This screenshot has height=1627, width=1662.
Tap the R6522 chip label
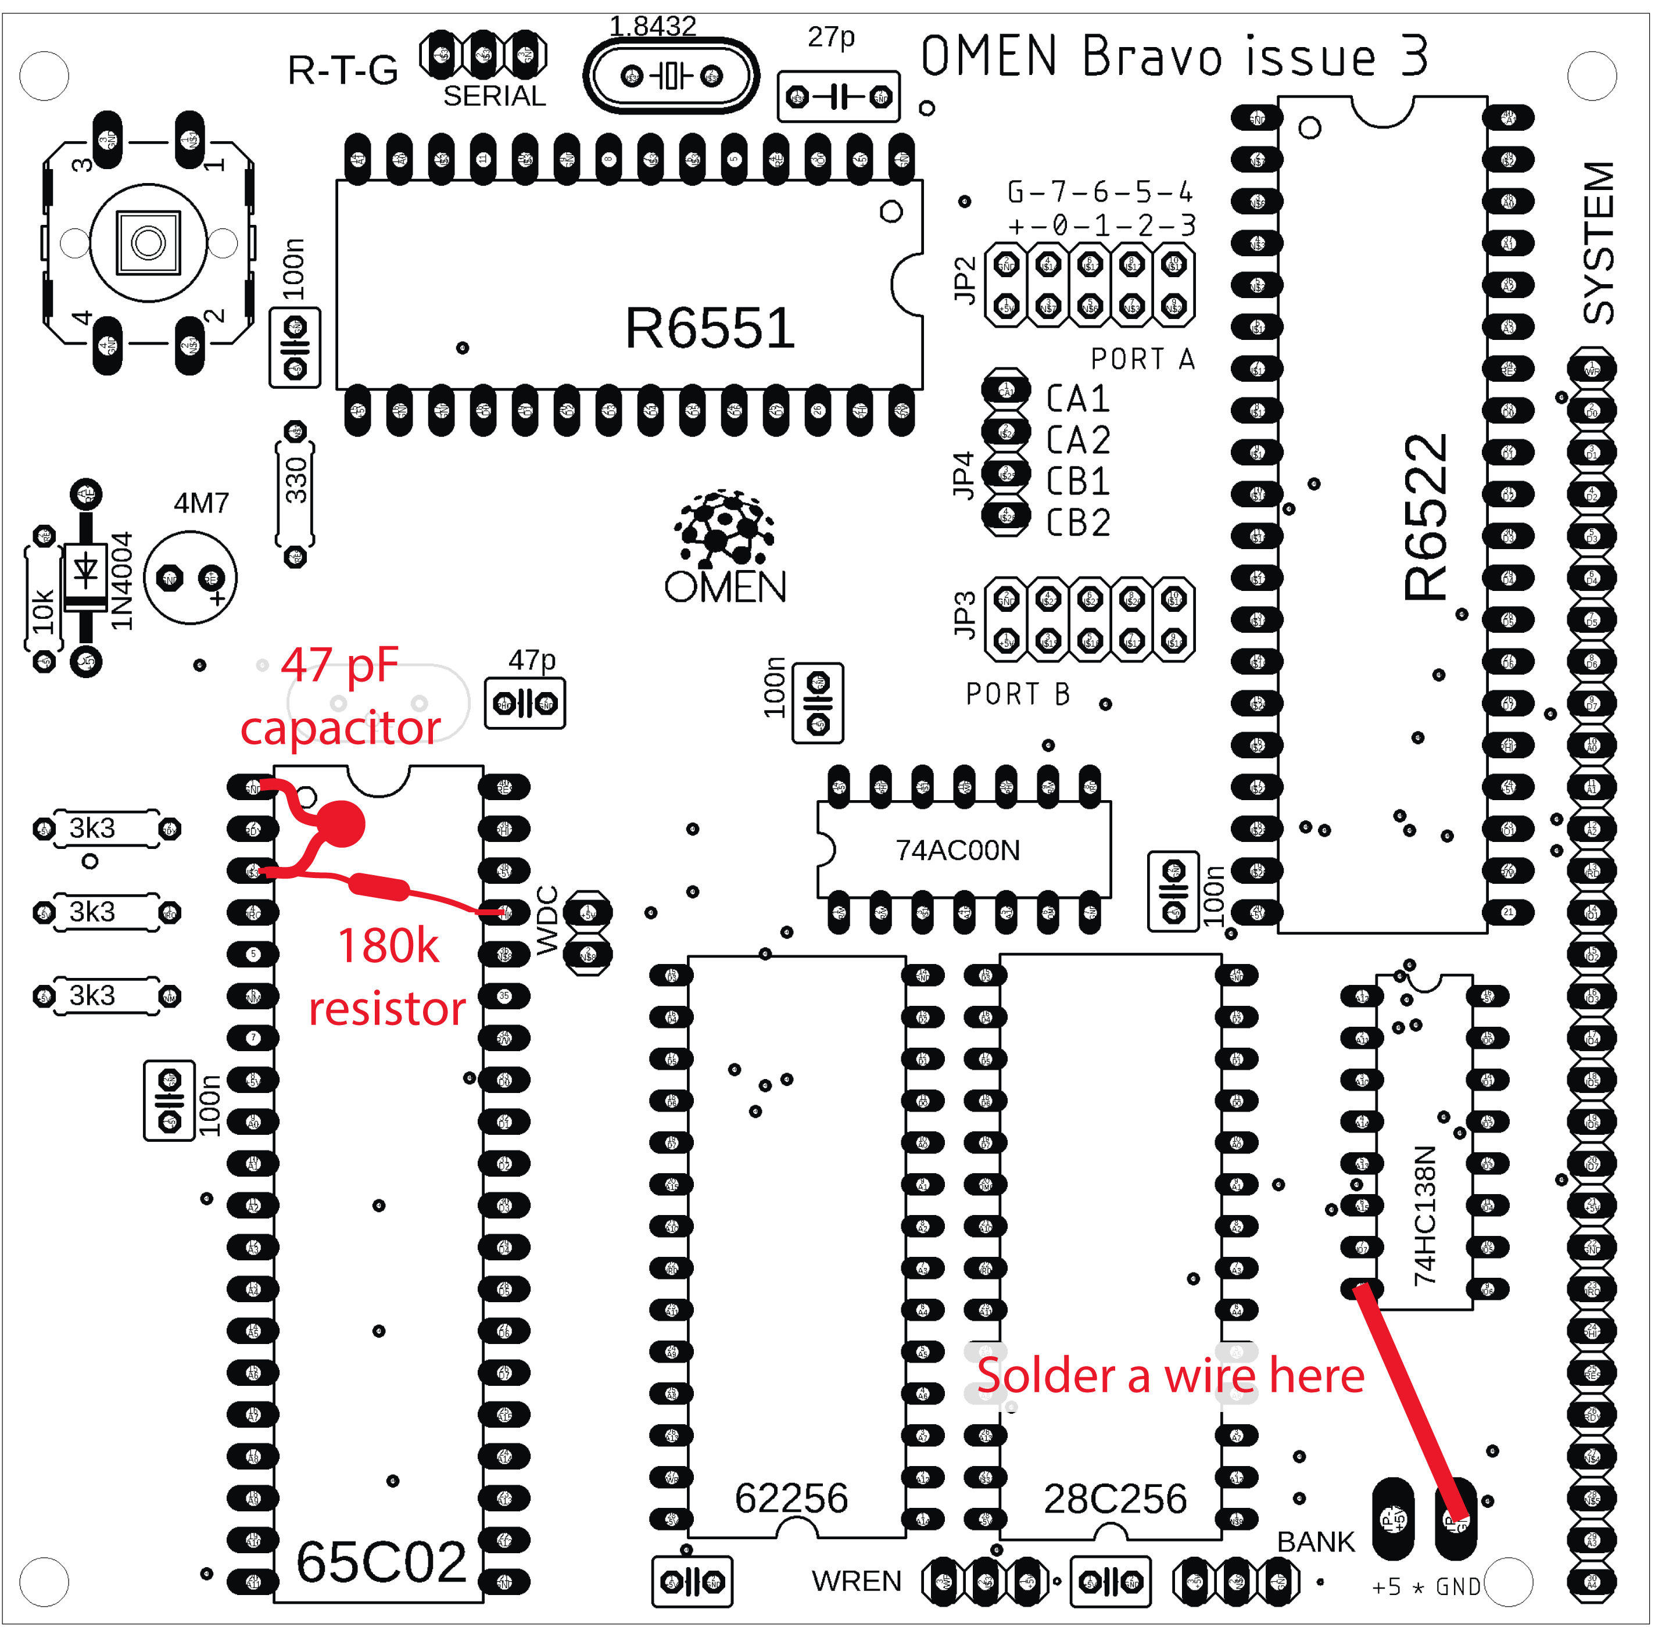click(1425, 517)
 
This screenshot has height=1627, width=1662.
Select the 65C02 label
click(381, 1562)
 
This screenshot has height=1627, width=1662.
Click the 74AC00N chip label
click(957, 850)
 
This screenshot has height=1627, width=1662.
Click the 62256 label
click(791, 1498)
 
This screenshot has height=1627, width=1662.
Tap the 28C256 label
click(1115, 1499)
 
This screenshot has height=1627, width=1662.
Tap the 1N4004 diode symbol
click(85, 569)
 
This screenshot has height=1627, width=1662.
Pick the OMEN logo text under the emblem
click(725, 587)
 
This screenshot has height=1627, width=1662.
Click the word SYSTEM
click(1599, 243)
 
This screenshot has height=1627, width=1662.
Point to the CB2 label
click(1079, 522)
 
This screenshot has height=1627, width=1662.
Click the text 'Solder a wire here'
click(1170, 1377)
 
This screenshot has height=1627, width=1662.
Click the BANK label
click(1315, 1542)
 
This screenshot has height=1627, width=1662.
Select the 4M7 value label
click(201, 503)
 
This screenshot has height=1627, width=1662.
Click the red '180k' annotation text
click(388, 946)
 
